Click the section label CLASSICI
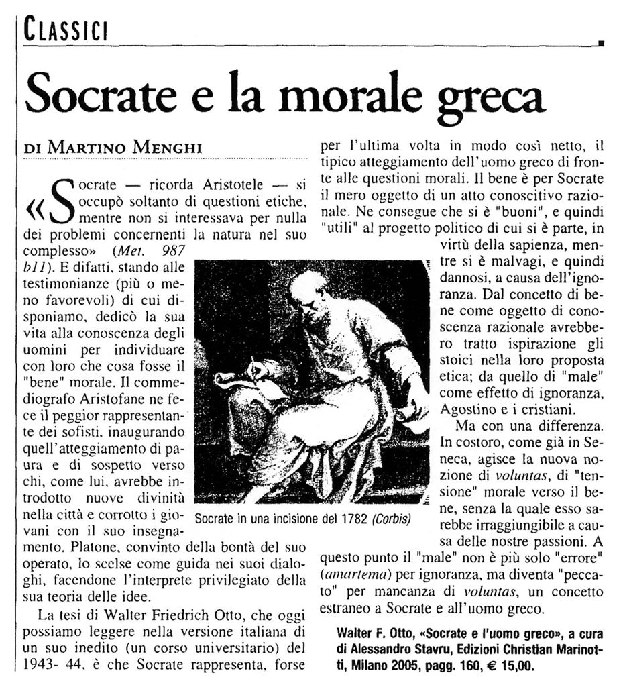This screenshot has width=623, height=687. coord(65,30)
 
